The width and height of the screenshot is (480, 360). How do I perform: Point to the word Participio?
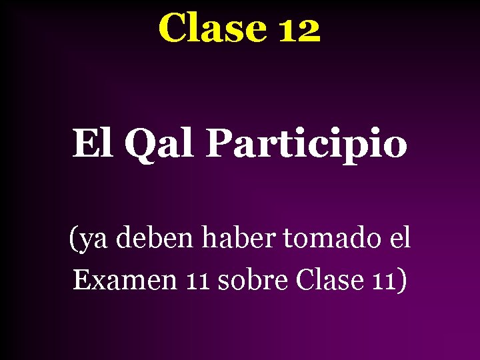click(306, 145)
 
